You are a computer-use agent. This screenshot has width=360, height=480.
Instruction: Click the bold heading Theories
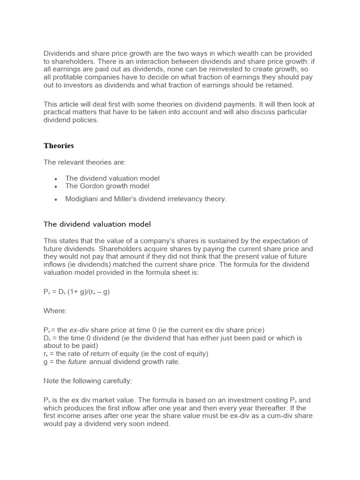[x=59, y=146]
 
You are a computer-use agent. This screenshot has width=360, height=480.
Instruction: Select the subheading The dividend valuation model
[x=97, y=224]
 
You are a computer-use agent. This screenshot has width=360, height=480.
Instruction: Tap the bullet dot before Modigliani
[x=56, y=199]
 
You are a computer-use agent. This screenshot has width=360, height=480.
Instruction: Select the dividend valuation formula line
[x=77, y=292]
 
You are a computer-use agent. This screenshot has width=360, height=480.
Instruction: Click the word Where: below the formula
[x=55, y=310]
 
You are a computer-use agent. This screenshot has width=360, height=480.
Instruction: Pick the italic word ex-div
[x=80, y=330]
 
